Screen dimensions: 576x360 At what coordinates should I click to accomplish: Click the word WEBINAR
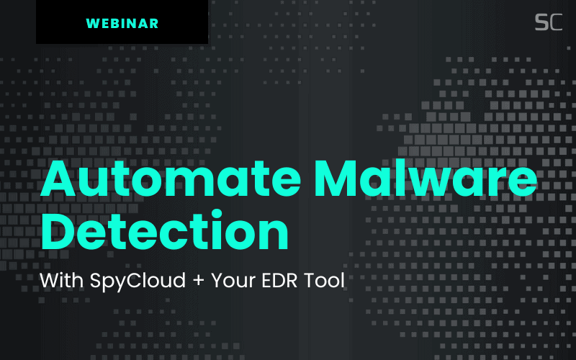[122, 24]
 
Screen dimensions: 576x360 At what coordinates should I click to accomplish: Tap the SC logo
[549, 22]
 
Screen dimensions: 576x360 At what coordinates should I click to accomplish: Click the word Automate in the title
[171, 179]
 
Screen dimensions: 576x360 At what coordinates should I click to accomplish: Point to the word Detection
[165, 230]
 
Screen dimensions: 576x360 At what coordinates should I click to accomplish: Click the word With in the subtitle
[61, 280]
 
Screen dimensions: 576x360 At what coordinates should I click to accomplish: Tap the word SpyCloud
[138, 282]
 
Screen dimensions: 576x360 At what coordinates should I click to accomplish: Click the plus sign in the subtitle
[199, 281]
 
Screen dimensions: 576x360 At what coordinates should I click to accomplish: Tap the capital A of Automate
[58, 179]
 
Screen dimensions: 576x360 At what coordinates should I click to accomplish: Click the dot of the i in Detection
[217, 215]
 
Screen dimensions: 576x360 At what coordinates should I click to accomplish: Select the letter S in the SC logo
[541, 23]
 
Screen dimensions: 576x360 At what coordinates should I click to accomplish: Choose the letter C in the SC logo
[556, 22]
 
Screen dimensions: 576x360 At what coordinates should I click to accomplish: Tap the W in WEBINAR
[94, 24]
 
